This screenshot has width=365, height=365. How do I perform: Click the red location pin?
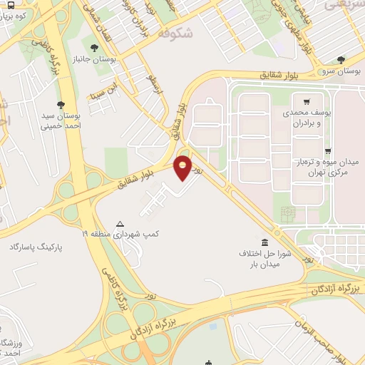tap(183, 168)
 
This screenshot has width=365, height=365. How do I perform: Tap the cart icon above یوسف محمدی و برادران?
tap(307, 102)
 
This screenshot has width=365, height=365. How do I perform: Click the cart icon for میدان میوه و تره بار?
tap(327, 151)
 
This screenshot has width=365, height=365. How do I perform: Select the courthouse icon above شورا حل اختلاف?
tap(265, 242)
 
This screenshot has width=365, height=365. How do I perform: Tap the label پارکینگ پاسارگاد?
tap(36, 247)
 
